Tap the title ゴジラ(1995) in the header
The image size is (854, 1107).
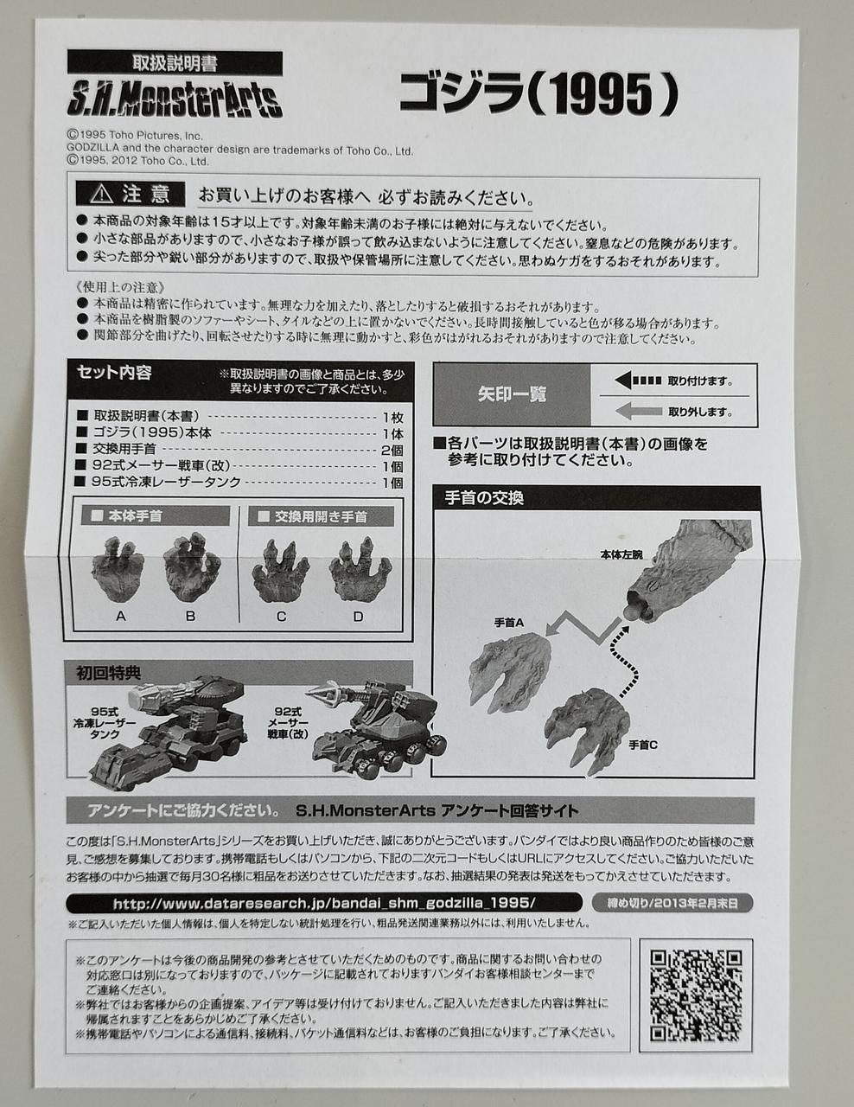click(538, 93)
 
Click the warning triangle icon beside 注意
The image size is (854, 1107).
click(101, 194)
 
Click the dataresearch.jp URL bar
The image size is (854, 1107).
click(324, 903)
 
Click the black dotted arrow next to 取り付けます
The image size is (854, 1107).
click(638, 381)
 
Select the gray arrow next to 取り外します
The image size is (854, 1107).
click(638, 411)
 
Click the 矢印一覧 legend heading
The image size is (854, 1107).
click(512, 394)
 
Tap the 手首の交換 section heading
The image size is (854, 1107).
click(484, 497)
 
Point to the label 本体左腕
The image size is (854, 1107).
click(621, 554)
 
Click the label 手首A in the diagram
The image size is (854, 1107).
click(508, 622)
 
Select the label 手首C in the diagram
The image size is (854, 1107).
click(643, 745)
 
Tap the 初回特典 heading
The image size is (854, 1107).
click(108, 674)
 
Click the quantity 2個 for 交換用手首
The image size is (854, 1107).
click(392, 450)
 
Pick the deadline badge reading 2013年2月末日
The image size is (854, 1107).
click(672, 903)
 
